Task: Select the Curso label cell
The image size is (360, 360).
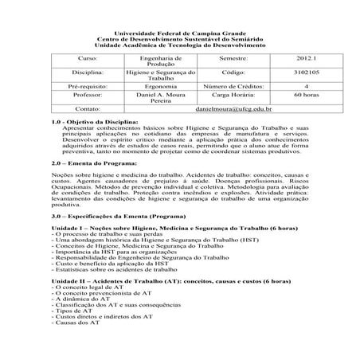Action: click(x=85, y=60)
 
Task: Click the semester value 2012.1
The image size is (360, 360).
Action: click(x=283, y=60)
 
